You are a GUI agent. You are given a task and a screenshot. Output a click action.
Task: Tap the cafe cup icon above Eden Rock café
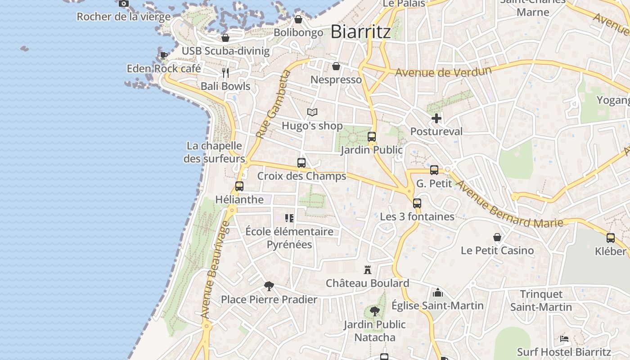(x=164, y=55)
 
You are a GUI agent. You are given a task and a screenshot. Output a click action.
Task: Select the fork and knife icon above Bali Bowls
(x=225, y=72)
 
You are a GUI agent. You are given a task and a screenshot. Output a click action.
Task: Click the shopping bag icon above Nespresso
(x=336, y=67)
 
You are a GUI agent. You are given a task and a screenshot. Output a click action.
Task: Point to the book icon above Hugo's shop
(x=312, y=112)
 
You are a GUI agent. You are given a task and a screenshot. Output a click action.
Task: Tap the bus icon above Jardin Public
(x=372, y=137)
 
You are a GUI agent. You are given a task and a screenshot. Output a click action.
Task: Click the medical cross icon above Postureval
(x=436, y=118)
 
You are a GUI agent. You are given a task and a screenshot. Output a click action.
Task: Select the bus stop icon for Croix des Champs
(x=301, y=163)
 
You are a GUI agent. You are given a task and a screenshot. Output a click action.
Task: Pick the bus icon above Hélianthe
(x=239, y=186)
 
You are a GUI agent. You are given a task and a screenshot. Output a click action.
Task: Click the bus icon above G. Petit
(x=434, y=170)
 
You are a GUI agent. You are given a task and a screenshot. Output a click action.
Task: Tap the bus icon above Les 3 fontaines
(x=417, y=203)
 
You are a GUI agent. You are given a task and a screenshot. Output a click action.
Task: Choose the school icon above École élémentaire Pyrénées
(x=289, y=218)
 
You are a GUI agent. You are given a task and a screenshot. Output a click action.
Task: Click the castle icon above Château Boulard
(x=368, y=270)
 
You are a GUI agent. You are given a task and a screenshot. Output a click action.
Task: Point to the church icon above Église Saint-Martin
(x=438, y=293)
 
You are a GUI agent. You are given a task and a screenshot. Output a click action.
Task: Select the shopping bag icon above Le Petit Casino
(x=497, y=237)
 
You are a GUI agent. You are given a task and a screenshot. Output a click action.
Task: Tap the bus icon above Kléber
(x=611, y=238)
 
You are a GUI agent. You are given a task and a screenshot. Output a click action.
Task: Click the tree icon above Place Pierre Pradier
(x=269, y=286)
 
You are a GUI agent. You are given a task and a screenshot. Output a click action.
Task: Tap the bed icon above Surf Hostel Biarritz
(x=564, y=339)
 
